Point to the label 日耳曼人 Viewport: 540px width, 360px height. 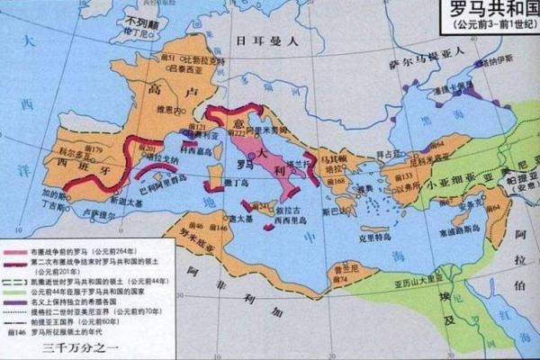pos(262,42)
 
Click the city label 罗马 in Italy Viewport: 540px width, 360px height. pos(244,166)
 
